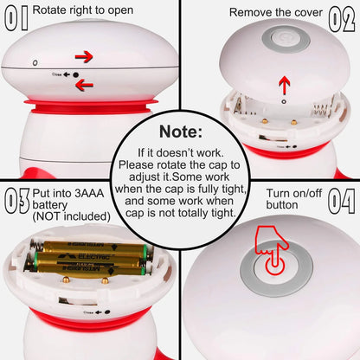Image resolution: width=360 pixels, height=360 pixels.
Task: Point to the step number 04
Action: click(x=340, y=202)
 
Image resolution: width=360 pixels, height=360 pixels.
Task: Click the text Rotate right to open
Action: click(x=83, y=10)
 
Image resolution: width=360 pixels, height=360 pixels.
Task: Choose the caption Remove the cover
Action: click(x=275, y=13)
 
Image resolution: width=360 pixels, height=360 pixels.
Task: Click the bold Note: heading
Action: click(x=180, y=133)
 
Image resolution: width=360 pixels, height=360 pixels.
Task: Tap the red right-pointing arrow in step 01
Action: click(x=84, y=57)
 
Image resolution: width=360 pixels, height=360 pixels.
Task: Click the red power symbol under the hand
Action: click(x=274, y=266)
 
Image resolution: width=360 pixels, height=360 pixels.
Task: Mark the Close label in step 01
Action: click(x=59, y=76)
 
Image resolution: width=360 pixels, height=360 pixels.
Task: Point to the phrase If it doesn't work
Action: click(x=180, y=152)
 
